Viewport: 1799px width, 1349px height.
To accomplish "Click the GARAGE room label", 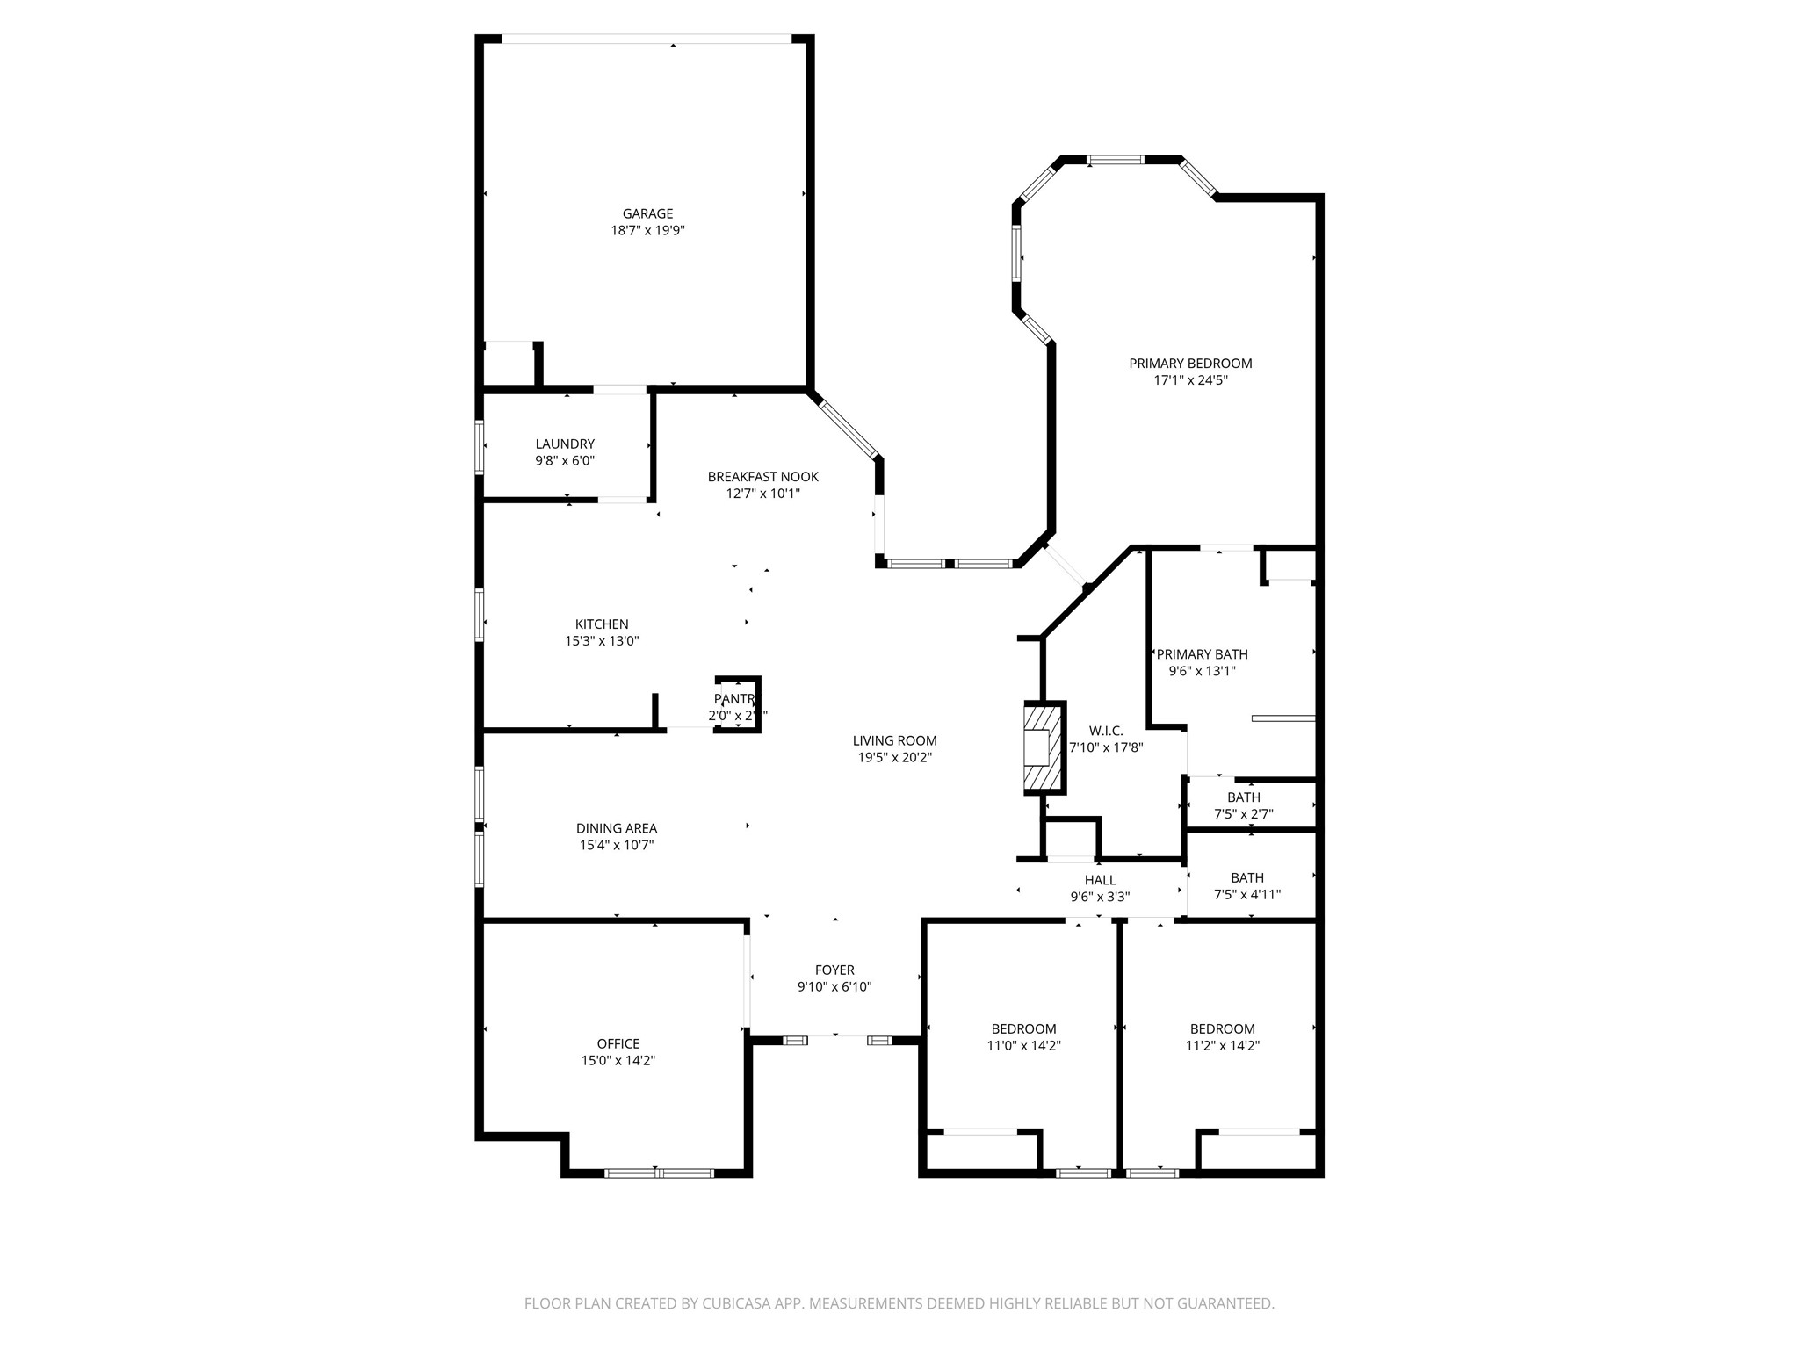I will tap(647, 213).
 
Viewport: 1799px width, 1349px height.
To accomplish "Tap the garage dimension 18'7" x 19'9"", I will tap(647, 230).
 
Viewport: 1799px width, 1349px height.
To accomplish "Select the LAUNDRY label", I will tap(565, 444).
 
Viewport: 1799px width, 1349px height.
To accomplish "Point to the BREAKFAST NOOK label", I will tap(762, 477).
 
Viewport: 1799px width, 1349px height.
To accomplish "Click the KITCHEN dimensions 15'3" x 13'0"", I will tap(602, 641).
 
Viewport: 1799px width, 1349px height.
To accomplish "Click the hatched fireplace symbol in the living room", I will tap(1044, 748).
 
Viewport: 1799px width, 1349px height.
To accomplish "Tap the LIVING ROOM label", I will tap(894, 740).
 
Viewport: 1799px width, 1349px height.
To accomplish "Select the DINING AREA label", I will tap(616, 828).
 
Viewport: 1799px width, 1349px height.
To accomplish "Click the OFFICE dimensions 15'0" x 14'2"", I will tap(618, 1060).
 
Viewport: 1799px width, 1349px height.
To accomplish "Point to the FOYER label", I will tap(834, 970).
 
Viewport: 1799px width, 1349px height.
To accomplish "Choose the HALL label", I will tap(1100, 880).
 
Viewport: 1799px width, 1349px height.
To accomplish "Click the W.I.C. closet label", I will tap(1105, 731).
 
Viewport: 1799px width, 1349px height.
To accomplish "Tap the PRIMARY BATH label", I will tap(1202, 654).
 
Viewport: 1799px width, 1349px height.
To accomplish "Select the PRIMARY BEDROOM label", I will tap(1190, 364).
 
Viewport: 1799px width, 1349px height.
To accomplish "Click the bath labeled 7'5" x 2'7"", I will tap(1243, 805).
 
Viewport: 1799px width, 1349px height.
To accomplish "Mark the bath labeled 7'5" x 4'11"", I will tap(1246, 886).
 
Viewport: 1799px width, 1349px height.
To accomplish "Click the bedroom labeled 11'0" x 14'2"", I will tap(1023, 1036).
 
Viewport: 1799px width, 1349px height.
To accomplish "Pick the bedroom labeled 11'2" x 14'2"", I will tap(1222, 1036).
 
